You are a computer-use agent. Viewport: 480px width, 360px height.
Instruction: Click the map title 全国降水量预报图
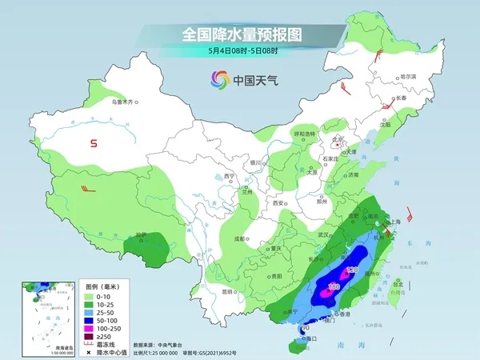[241, 34]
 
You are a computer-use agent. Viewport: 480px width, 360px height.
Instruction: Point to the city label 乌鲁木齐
[124, 102]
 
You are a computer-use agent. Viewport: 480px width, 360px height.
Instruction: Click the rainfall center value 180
[334, 286]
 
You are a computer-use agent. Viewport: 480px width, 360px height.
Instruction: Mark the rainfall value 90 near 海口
[305, 329]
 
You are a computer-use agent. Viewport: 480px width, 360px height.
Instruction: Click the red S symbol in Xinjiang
[94, 144]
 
